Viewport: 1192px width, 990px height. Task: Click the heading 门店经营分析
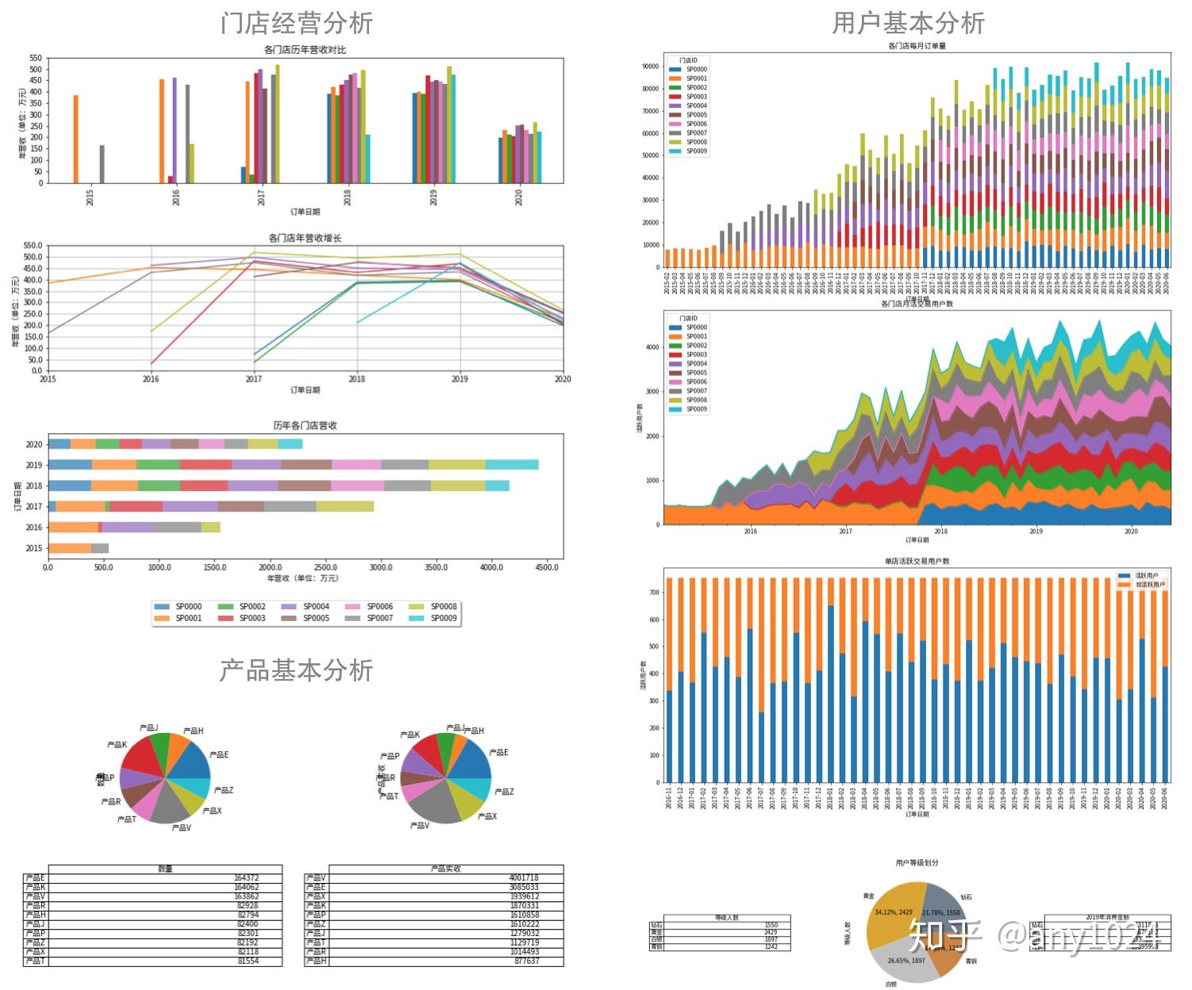click(x=296, y=23)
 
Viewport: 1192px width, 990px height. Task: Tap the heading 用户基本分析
click(x=908, y=23)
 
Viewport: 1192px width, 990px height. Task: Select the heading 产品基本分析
click(x=296, y=670)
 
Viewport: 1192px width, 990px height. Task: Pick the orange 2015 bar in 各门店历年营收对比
click(x=76, y=139)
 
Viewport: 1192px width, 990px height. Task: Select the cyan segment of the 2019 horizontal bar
click(x=512, y=465)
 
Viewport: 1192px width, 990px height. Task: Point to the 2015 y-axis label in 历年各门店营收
click(x=33, y=548)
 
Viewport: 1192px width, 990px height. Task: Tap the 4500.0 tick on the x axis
click(x=547, y=568)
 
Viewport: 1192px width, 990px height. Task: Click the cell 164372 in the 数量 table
click(x=246, y=878)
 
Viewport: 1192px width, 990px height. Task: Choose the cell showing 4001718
click(x=524, y=878)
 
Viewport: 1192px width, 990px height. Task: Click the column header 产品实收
click(x=445, y=869)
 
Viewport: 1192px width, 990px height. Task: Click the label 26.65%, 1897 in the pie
click(x=906, y=961)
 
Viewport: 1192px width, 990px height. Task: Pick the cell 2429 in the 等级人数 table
click(x=770, y=932)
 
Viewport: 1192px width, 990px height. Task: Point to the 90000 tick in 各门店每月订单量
click(x=651, y=67)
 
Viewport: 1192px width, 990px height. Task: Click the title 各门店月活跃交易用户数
click(x=917, y=304)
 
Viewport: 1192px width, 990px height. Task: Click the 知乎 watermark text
click(x=945, y=936)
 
